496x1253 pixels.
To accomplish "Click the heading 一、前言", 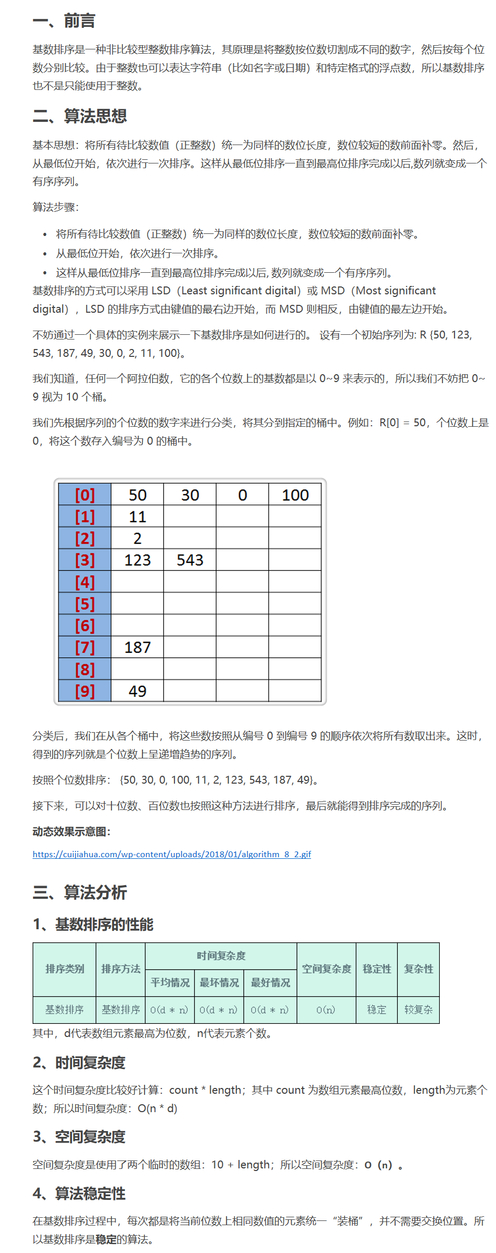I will [64, 21].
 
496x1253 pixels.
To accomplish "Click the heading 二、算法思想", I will [79, 116].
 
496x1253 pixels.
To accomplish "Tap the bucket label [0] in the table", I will [85, 495].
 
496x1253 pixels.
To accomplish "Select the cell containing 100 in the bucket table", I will [295, 495].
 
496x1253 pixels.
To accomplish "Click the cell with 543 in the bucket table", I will [190, 560].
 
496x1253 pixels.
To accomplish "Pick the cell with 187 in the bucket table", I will [137, 648].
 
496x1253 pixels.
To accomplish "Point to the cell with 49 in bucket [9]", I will [137, 691].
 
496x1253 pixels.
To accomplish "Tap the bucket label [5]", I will [85, 604].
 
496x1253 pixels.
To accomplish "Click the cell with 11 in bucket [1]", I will [137, 517].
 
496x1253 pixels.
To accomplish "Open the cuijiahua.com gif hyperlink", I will [171, 855].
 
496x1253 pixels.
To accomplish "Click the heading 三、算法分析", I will [79, 892].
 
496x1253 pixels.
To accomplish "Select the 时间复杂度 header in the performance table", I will [221, 956].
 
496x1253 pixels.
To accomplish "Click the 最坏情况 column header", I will [219, 983].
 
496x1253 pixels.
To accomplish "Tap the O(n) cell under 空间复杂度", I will [326, 1010].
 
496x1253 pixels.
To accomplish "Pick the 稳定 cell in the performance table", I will [376, 1010].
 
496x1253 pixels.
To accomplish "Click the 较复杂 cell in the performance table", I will [418, 1010].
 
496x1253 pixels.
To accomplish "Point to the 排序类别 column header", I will [65, 969].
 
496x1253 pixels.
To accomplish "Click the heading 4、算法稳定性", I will [79, 1194].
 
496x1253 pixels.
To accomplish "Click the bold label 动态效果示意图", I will [71, 831].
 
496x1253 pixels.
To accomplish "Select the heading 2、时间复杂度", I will [79, 1063].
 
